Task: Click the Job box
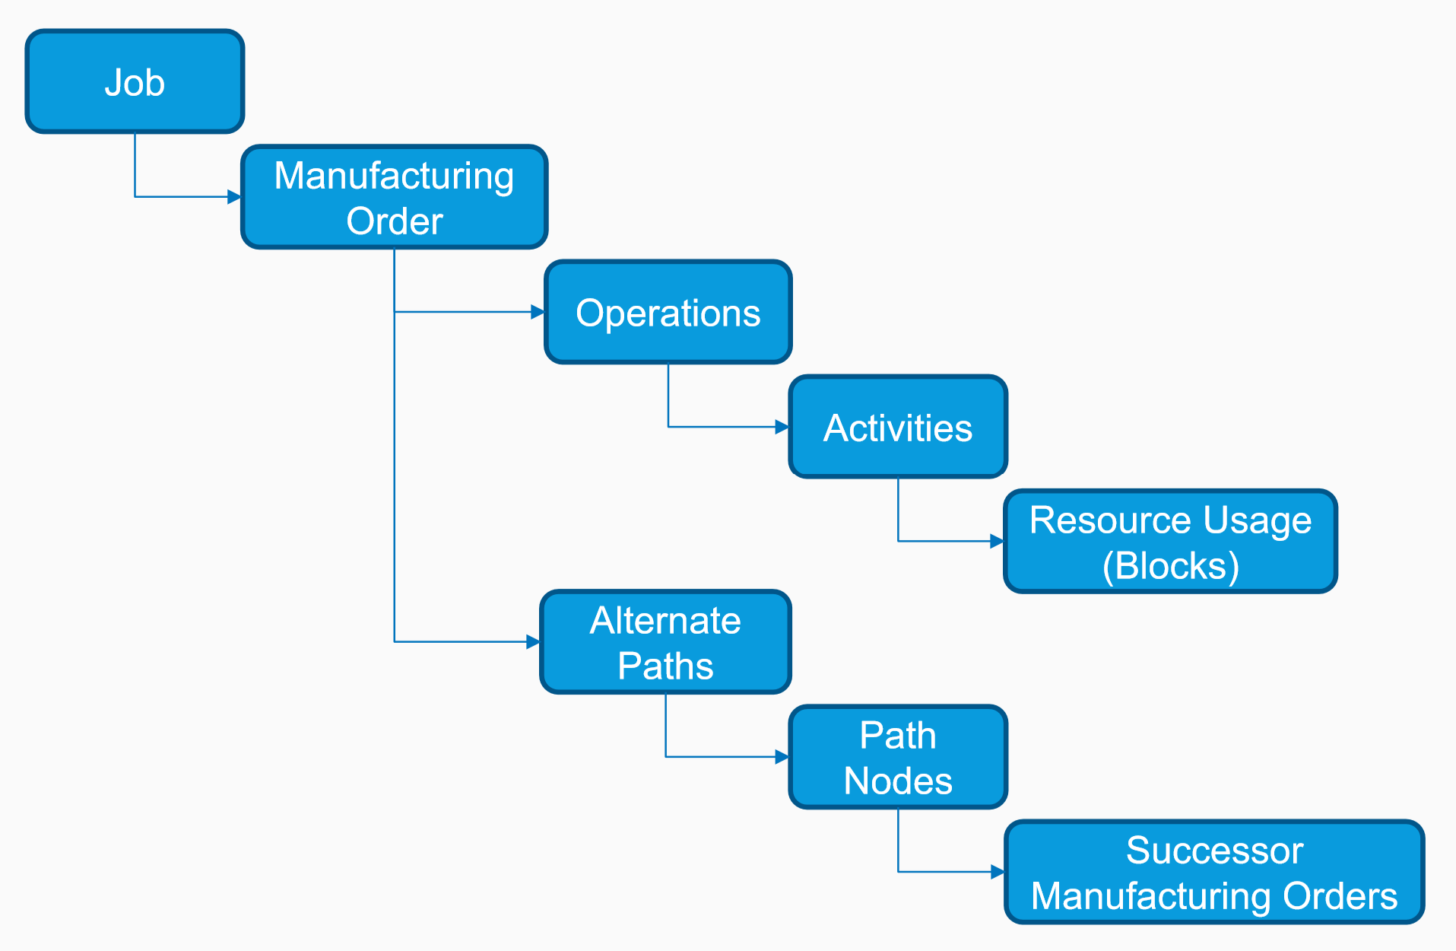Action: (x=135, y=81)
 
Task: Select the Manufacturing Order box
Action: (x=394, y=197)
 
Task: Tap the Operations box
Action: (x=668, y=312)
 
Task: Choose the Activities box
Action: (x=898, y=427)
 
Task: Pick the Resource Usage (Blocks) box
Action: (x=1170, y=541)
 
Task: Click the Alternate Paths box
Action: (x=665, y=642)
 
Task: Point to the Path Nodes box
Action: (x=898, y=757)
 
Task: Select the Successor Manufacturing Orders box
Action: (x=1214, y=872)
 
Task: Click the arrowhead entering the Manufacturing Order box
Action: (x=234, y=197)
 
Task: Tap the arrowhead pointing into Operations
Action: (x=538, y=312)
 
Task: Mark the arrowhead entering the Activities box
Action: (x=782, y=427)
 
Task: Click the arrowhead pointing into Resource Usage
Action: (x=997, y=542)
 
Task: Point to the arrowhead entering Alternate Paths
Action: (x=533, y=642)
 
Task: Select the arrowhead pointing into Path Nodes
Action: (x=782, y=757)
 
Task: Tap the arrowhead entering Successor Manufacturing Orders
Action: (x=998, y=872)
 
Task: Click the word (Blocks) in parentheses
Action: (x=1171, y=566)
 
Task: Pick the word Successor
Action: (x=1214, y=850)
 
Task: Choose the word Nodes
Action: (x=898, y=781)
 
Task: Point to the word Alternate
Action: (x=665, y=620)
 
